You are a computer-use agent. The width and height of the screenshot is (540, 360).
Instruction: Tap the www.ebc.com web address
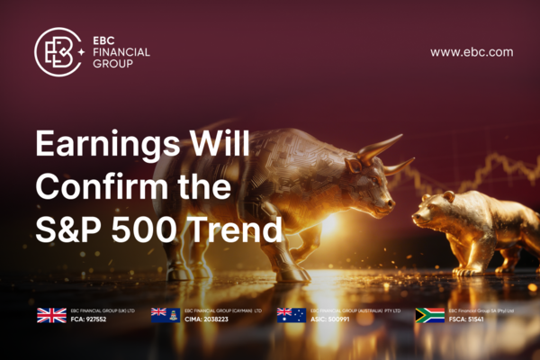[x=472, y=52]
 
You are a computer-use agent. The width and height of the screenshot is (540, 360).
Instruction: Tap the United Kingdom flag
[x=50, y=315]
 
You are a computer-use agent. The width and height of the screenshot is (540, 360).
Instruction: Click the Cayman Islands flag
[x=165, y=315]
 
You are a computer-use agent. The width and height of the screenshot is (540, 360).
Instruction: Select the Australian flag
[x=291, y=315]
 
